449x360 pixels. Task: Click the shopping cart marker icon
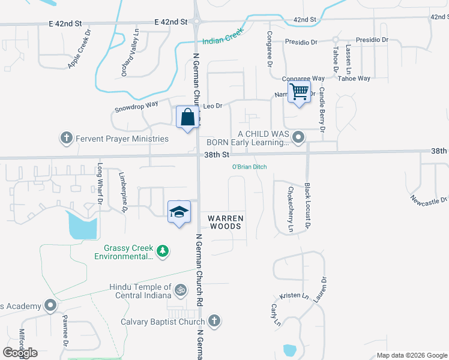(299, 92)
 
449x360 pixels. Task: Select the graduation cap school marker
(179, 212)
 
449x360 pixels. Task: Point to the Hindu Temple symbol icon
(180, 292)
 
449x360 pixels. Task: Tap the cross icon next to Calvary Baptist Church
(215, 322)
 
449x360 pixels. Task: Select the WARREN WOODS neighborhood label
(225, 222)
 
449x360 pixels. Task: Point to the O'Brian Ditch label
(250, 167)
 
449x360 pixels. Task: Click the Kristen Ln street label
(294, 296)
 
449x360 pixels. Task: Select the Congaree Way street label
(304, 79)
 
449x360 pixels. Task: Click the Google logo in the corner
(20, 353)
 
